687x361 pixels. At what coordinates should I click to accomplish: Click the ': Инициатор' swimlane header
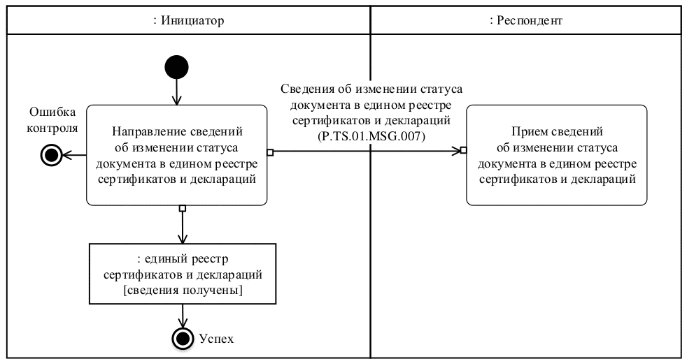pyautogui.click(x=188, y=21)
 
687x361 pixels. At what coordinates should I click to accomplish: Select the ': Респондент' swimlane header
pyautogui.click(x=526, y=21)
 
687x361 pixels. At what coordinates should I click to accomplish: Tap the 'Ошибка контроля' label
pyautogui.click(x=53, y=119)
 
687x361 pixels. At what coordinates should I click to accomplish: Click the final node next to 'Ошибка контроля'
pyautogui.click(x=52, y=155)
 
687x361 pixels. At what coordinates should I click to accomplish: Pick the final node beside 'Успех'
pyautogui.click(x=183, y=339)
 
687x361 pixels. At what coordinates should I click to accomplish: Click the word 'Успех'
pyautogui.click(x=215, y=339)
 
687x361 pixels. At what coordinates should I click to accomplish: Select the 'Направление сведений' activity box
pyautogui.click(x=176, y=155)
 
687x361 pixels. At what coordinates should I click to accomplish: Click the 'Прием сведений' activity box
pyautogui.click(x=556, y=155)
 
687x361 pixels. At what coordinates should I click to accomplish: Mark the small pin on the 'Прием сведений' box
pyautogui.click(x=463, y=150)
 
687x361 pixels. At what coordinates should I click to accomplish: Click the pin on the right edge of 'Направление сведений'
pyautogui.click(x=270, y=150)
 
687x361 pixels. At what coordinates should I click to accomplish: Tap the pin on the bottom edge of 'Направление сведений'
pyautogui.click(x=182, y=208)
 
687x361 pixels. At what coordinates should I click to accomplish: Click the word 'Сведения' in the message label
pyautogui.click(x=304, y=90)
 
